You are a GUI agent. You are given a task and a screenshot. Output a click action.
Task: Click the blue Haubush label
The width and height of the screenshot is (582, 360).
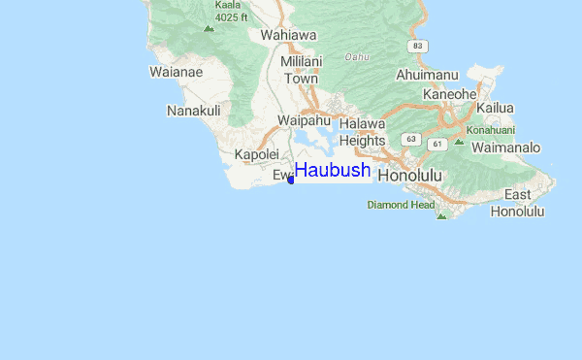333,170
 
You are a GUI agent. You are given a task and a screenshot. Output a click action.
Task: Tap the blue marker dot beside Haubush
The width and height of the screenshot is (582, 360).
291,180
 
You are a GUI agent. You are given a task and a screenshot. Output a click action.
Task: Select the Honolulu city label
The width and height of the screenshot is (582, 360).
409,176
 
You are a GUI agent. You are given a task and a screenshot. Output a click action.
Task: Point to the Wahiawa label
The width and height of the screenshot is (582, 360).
288,36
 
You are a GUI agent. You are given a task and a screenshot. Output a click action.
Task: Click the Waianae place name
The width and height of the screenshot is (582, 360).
176,71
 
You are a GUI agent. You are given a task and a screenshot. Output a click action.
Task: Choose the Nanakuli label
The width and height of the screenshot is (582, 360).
194,111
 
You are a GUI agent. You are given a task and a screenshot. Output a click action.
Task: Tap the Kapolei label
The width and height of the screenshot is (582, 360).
257,154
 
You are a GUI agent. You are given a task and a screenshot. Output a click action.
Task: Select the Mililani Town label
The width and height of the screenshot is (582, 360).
300,70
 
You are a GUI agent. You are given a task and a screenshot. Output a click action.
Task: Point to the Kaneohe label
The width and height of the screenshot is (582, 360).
450,94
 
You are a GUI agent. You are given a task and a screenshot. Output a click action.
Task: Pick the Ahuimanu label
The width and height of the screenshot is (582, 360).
427,75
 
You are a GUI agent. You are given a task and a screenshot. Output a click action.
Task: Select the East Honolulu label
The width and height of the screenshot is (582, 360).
517,203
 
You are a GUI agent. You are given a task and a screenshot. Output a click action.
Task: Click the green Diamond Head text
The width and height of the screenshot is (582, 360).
401,205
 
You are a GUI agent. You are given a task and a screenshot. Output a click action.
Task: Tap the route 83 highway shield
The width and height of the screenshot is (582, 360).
417,46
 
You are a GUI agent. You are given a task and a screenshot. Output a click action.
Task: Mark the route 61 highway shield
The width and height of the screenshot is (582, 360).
437,145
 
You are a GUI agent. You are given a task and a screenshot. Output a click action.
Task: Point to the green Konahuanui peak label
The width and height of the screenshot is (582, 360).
491,129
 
